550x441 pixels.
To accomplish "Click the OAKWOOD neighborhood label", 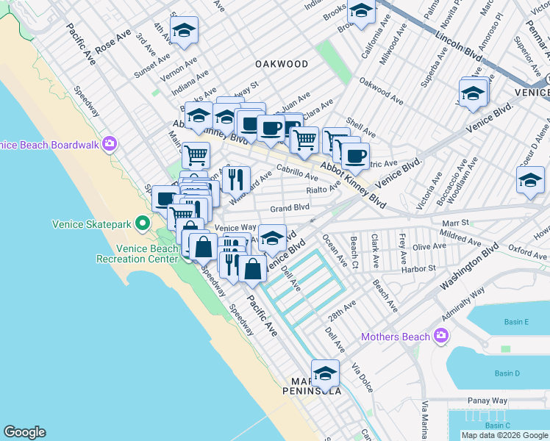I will (x=282, y=65).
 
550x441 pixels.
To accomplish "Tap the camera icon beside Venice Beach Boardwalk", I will (x=110, y=143).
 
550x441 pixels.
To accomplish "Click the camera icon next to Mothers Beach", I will (x=440, y=337).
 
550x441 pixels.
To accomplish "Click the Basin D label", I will (x=507, y=373).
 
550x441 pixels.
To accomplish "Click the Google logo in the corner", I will (x=24, y=432).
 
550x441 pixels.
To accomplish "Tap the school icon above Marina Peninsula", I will (x=325, y=373).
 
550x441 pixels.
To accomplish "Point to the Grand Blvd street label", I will (x=289, y=208).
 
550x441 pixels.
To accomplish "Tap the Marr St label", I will (x=455, y=222).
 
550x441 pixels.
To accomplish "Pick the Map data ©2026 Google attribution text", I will (x=504, y=435).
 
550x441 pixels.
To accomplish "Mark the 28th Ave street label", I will (x=343, y=308).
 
